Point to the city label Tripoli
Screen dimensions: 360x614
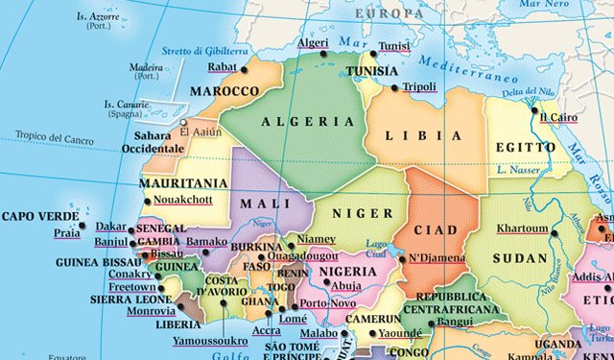419,86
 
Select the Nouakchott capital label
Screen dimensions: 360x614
182,202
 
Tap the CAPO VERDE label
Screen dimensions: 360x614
39,217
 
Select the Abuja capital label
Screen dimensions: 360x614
346,285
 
